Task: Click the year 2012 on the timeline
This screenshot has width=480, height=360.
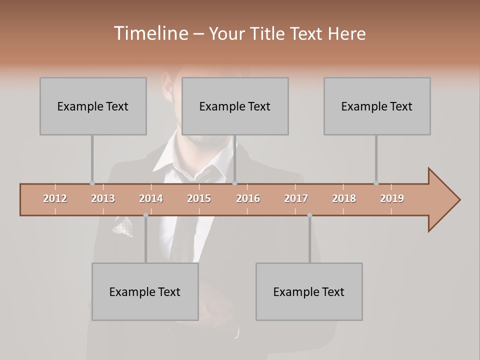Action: pos(55,198)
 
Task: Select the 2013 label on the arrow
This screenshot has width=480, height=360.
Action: pos(103,198)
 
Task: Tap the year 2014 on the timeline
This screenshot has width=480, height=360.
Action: pos(151,198)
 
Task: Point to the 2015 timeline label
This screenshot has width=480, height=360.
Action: pos(199,198)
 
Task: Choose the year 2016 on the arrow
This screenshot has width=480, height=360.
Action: pos(248,198)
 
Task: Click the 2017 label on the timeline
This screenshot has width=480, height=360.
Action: pos(296,198)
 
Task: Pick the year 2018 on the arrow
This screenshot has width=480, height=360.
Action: pos(344,198)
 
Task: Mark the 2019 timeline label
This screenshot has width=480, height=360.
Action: pos(392,198)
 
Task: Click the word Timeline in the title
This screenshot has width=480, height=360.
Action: pos(150,33)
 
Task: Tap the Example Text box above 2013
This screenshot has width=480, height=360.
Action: pos(93,106)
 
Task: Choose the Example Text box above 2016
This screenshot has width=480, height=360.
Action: pos(235,106)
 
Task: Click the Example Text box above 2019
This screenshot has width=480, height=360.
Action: pos(377,106)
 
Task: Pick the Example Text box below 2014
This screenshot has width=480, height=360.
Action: pos(145,291)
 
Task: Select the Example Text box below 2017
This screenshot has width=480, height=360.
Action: pos(309,291)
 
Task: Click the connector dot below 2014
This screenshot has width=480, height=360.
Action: pos(145,215)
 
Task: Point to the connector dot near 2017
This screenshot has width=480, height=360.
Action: pos(309,215)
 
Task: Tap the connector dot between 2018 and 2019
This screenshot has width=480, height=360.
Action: pos(376,183)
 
